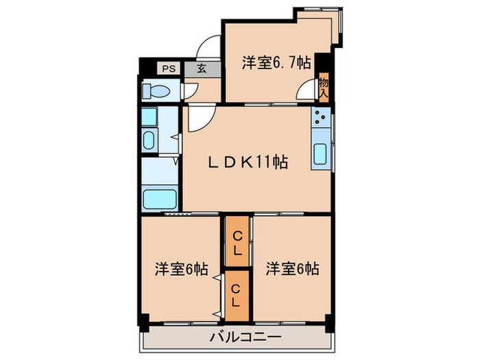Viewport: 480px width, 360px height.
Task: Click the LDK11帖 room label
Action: pos(248,163)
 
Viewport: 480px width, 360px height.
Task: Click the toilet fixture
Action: pos(155,91)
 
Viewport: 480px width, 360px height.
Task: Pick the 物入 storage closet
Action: pos(323,87)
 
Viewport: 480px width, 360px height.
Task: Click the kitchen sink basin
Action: pos(320,154)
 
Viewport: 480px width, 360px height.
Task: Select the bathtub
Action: pos(160,199)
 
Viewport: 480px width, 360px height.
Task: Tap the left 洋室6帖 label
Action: pos(182,269)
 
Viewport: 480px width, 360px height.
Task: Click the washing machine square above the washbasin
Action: pos(149,116)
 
